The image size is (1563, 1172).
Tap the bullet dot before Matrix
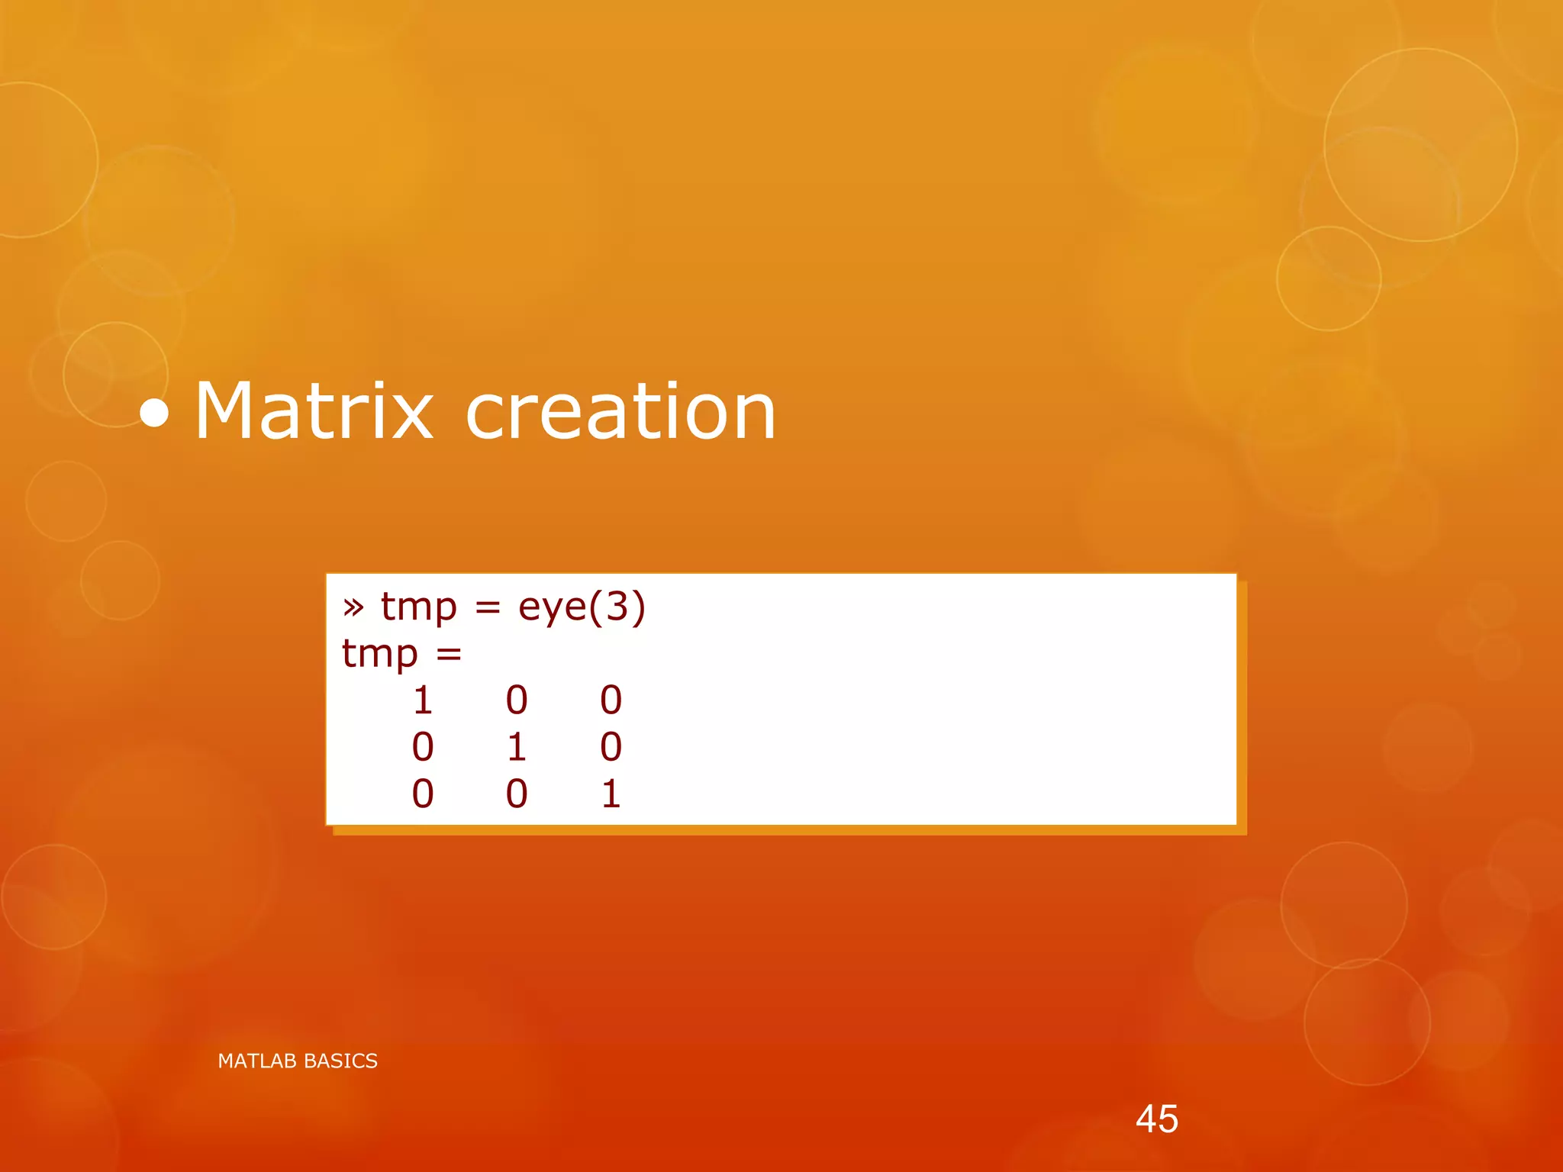click(x=155, y=413)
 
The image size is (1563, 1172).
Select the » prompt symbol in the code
click(x=353, y=607)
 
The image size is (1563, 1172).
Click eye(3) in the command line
click(x=582, y=607)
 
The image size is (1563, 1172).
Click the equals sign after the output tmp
click(x=449, y=654)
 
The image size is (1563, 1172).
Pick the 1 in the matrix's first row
click(x=423, y=700)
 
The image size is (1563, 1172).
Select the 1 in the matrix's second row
click(x=517, y=747)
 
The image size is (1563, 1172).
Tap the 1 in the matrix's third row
click(x=611, y=794)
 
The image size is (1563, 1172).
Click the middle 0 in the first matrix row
click(x=517, y=700)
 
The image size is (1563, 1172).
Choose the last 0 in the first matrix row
click(x=611, y=700)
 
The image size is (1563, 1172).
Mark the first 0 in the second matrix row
click(x=423, y=747)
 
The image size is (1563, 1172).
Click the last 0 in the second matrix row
click(x=611, y=747)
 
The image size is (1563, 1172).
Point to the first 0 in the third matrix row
click(x=423, y=794)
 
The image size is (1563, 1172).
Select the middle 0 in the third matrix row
click(x=517, y=794)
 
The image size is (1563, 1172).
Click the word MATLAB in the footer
click(x=257, y=1061)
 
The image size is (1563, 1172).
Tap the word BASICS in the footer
click(x=340, y=1061)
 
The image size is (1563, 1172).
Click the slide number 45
click(x=1156, y=1119)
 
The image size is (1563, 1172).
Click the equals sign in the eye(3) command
click(x=488, y=608)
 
